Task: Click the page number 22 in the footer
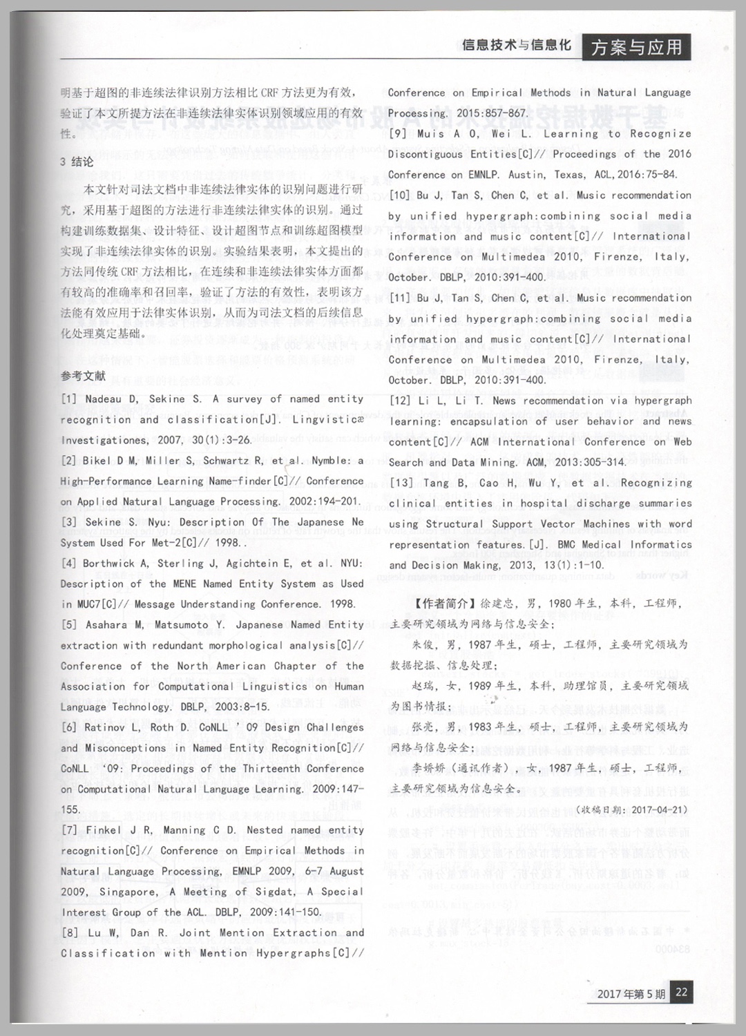tap(681, 992)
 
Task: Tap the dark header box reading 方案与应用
tap(637, 47)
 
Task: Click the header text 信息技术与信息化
tap(517, 46)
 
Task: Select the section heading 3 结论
tap(77, 162)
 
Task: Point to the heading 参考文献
tap(83, 376)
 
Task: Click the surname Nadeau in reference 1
tap(106, 399)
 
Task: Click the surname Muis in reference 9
tap(430, 134)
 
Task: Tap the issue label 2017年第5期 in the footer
tap(631, 994)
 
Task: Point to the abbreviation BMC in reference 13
tap(566, 544)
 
